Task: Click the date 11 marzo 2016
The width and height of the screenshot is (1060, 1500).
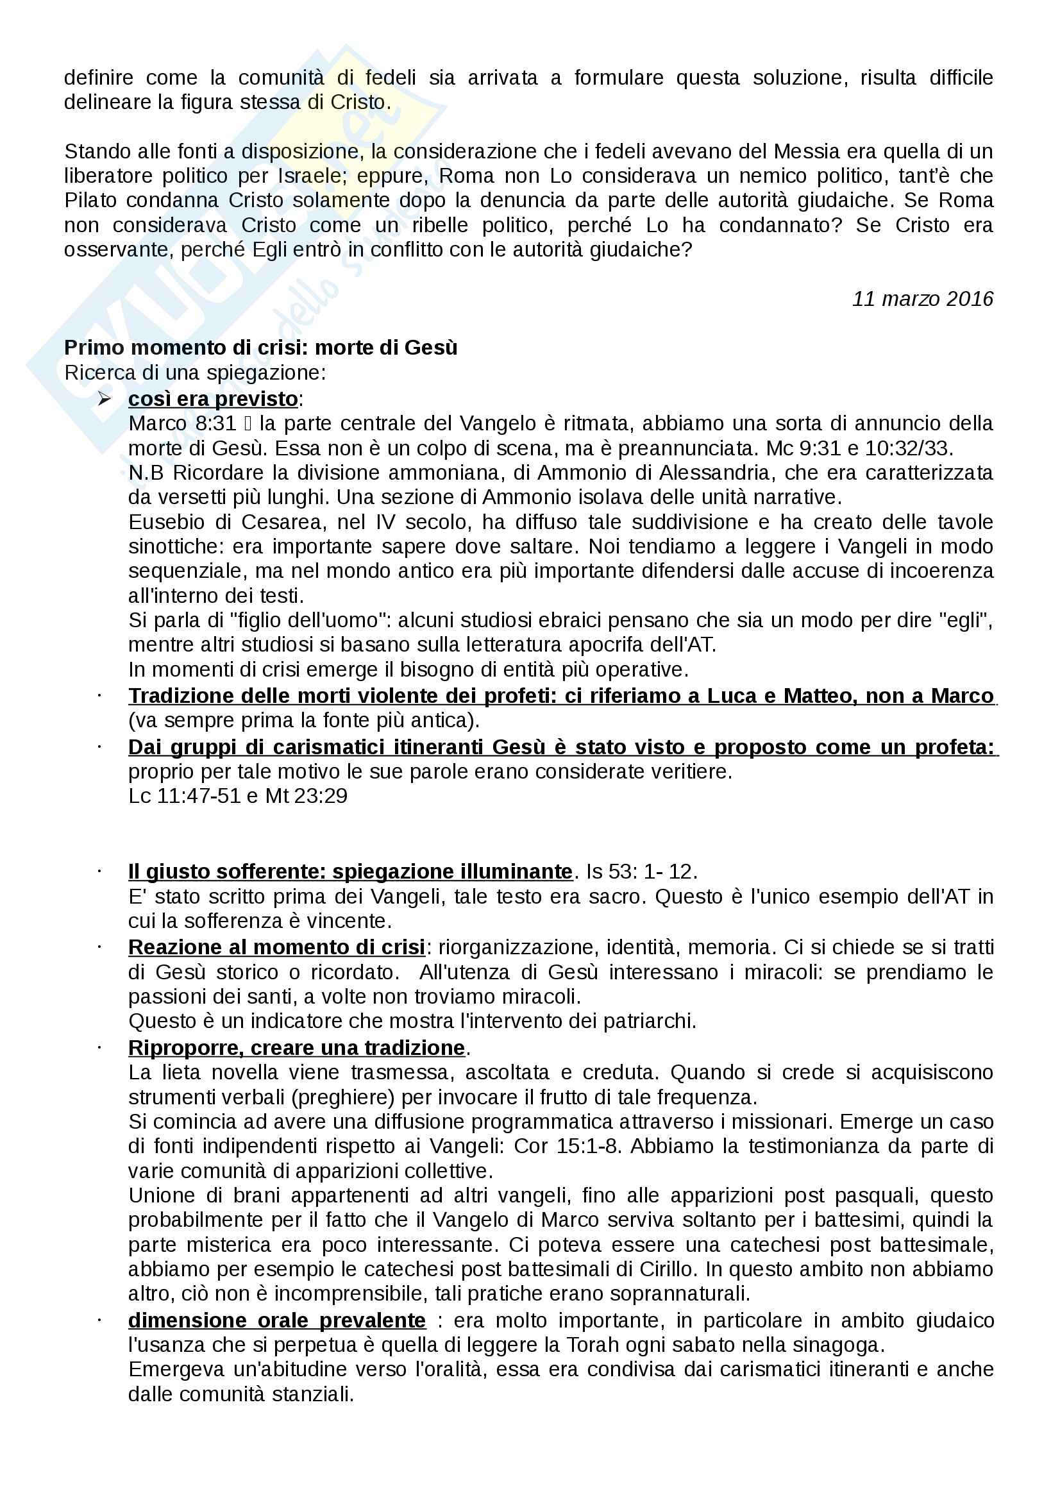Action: pos(921,299)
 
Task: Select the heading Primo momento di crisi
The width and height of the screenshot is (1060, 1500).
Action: pos(260,348)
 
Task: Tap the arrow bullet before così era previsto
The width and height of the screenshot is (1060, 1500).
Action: pos(105,398)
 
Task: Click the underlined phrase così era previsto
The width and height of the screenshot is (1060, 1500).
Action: pos(213,398)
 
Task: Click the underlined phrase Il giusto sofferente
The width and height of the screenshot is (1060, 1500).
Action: pos(350,871)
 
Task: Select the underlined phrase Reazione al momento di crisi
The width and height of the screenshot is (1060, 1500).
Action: pos(276,947)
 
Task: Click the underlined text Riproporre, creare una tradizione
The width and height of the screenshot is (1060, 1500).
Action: pos(296,1047)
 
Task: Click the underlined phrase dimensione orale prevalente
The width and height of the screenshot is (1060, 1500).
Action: pos(277,1320)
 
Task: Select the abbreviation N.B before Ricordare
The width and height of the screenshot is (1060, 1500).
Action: pos(146,473)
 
